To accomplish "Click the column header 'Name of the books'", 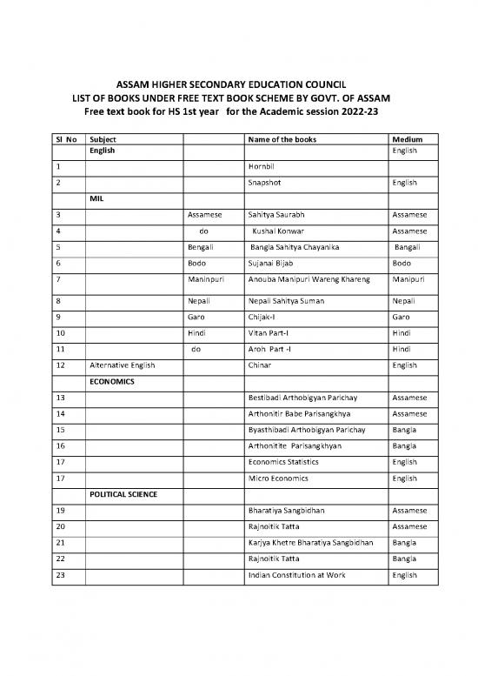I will (x=282, y=139).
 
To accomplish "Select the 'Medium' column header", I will (x=407, y=139).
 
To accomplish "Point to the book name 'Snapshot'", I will (x=265, y=183).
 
